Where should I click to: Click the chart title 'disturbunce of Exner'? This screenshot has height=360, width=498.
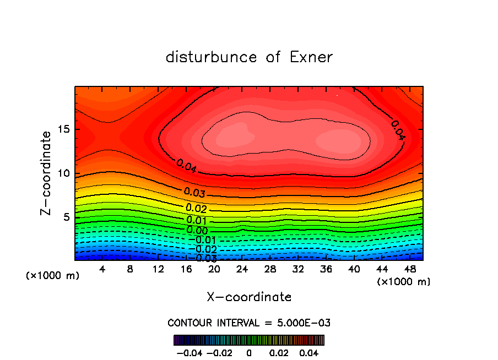point(249,57)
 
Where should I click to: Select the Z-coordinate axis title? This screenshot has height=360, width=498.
point(47,173)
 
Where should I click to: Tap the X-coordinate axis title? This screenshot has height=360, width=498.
point(249,297)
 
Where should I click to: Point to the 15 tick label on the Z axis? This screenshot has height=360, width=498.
point(63,130)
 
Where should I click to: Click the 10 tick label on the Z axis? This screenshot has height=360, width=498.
point(63,173)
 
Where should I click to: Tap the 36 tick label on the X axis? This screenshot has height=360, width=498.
point(326,270)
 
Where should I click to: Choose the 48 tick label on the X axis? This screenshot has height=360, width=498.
point(409,270)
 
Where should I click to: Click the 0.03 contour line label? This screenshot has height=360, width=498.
point(195,193)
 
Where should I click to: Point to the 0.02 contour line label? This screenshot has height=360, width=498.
point(196,208)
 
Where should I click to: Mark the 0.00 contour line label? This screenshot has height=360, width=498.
point(197,231)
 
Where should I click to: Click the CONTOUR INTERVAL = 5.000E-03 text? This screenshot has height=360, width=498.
point(249,323)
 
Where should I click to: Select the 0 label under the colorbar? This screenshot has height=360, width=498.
point(249,352)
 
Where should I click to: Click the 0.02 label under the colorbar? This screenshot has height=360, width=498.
point(279,352)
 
